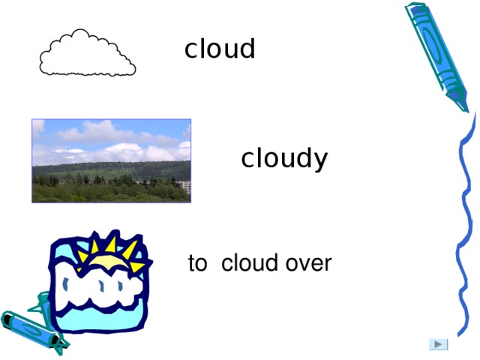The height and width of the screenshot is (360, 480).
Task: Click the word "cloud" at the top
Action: point(220,49)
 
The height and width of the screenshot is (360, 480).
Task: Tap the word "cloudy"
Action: point(284,159)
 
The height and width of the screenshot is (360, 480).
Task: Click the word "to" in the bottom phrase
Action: point(197,264)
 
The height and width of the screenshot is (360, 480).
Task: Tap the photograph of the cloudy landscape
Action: point(111,160)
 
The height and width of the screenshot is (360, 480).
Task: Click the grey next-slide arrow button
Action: point(438,344)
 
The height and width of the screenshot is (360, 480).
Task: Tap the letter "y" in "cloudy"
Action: point(321,160)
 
